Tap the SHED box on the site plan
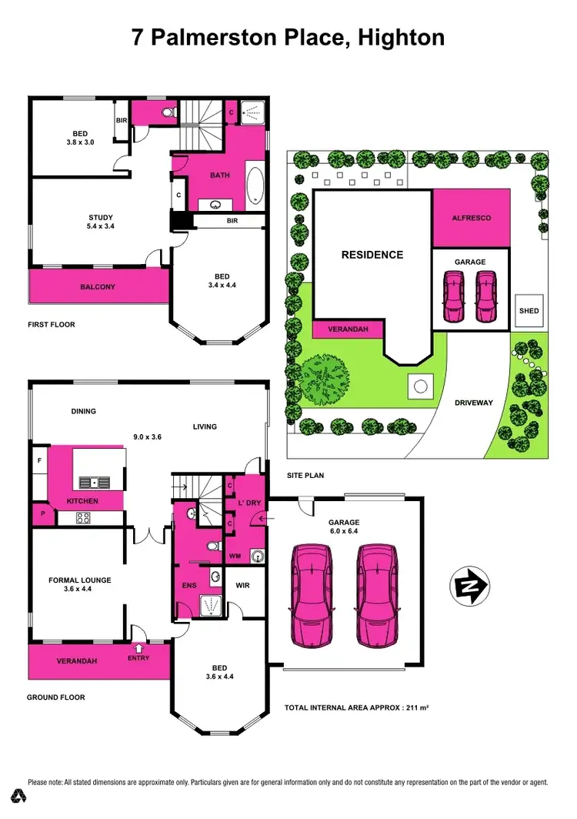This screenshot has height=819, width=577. (529, 311)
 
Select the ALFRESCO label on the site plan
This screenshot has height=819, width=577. (471, 218)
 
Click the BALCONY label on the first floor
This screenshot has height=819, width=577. (98, 287)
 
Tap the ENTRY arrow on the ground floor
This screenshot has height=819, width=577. (139, 649)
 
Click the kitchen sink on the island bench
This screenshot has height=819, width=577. (92, 483)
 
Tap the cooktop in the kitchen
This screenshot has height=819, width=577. (82, 518)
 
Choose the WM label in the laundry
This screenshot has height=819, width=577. (236, 555)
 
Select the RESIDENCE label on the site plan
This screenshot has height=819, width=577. (372, 255)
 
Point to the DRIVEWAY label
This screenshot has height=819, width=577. (474, 403)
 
